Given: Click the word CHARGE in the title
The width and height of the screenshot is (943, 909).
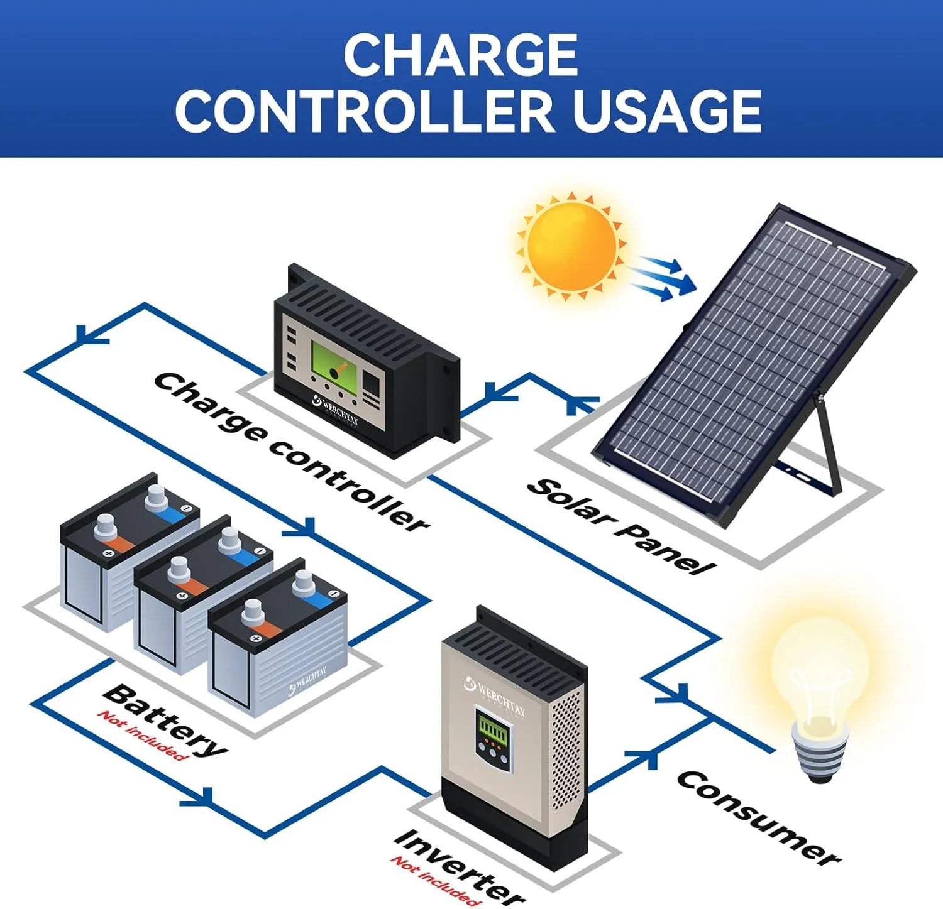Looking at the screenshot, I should [460, 55].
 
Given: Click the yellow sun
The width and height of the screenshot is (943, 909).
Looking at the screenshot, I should [571, 246].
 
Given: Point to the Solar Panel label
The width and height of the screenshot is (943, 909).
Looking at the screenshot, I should [620, 526].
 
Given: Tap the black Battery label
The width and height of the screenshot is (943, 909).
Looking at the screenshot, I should [165, 720].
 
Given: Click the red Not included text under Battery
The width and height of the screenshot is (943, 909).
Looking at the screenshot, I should [143, 736].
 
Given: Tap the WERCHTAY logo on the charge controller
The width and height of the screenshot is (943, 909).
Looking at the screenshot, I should [336, 410].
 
